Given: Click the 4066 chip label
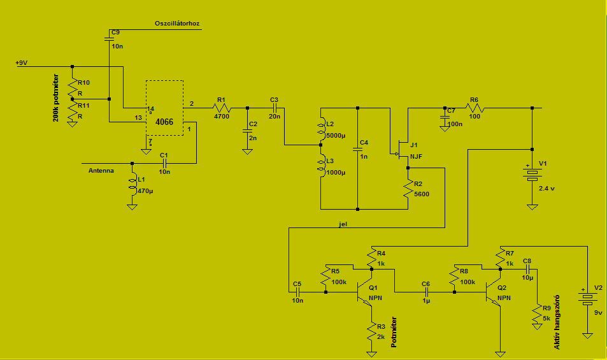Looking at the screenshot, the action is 164,122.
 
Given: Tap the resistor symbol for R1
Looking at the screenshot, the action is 222,108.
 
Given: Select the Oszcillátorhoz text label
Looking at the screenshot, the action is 177,24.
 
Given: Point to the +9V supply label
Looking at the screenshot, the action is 22,62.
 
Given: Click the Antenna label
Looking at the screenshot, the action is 101,170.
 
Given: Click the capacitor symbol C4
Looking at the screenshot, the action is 358,149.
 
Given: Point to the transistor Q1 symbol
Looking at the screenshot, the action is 364,292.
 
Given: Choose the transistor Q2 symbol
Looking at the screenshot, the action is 493,292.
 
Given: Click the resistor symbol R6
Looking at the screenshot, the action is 475,108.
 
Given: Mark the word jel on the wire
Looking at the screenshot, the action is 343,224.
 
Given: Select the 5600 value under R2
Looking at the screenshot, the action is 422,194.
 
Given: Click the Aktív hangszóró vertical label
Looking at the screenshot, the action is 557,322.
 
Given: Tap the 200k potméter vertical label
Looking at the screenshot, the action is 56,98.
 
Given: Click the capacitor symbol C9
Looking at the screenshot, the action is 109,39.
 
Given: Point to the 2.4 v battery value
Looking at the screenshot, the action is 546,189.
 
